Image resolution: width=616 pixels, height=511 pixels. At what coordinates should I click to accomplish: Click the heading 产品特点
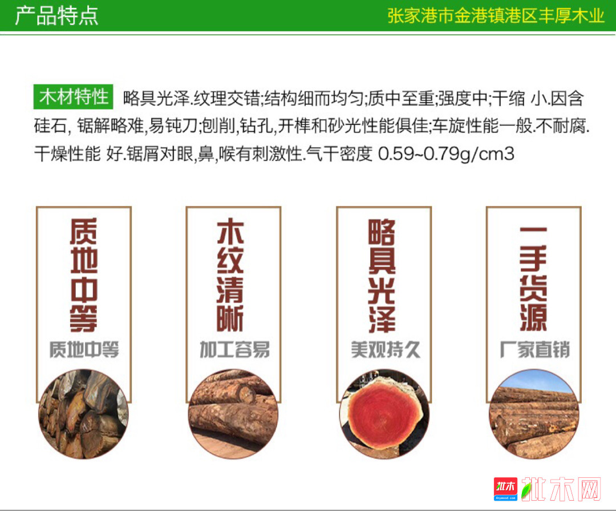[x=56, y=16]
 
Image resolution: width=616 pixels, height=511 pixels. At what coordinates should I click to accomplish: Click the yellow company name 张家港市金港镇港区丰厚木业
[x=496, y=16]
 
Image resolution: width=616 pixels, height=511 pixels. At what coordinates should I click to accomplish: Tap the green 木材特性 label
[x=74, y=96]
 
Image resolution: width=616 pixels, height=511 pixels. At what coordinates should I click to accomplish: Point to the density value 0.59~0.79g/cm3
[x=446, y=154]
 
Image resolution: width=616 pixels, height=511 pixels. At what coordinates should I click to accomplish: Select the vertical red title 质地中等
[x=84, y=275]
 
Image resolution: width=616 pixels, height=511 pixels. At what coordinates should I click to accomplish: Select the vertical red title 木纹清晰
[x=230, y=275]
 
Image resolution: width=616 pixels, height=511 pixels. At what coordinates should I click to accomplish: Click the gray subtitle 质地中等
[x=84, y=349]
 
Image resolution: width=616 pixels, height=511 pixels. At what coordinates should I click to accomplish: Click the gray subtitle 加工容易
[x=235, y=349]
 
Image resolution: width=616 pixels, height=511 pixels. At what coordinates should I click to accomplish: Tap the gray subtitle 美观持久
[x=386, y=349]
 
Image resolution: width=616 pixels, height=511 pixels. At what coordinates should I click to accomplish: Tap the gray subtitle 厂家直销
[x=534, y=349]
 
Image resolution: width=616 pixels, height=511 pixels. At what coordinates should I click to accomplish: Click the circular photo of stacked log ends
[x=83, y=414]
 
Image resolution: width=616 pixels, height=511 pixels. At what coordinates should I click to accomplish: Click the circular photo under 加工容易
[x=233, y=414]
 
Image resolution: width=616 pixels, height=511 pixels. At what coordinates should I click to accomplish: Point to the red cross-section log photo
[x=384, y=414]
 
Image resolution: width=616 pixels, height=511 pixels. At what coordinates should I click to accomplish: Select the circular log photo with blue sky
[x=534, y=414]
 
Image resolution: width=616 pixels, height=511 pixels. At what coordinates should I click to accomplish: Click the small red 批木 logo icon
[x=505, y=489]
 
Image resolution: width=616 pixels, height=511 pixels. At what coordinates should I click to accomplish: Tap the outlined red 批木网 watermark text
[x=562, y=489]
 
